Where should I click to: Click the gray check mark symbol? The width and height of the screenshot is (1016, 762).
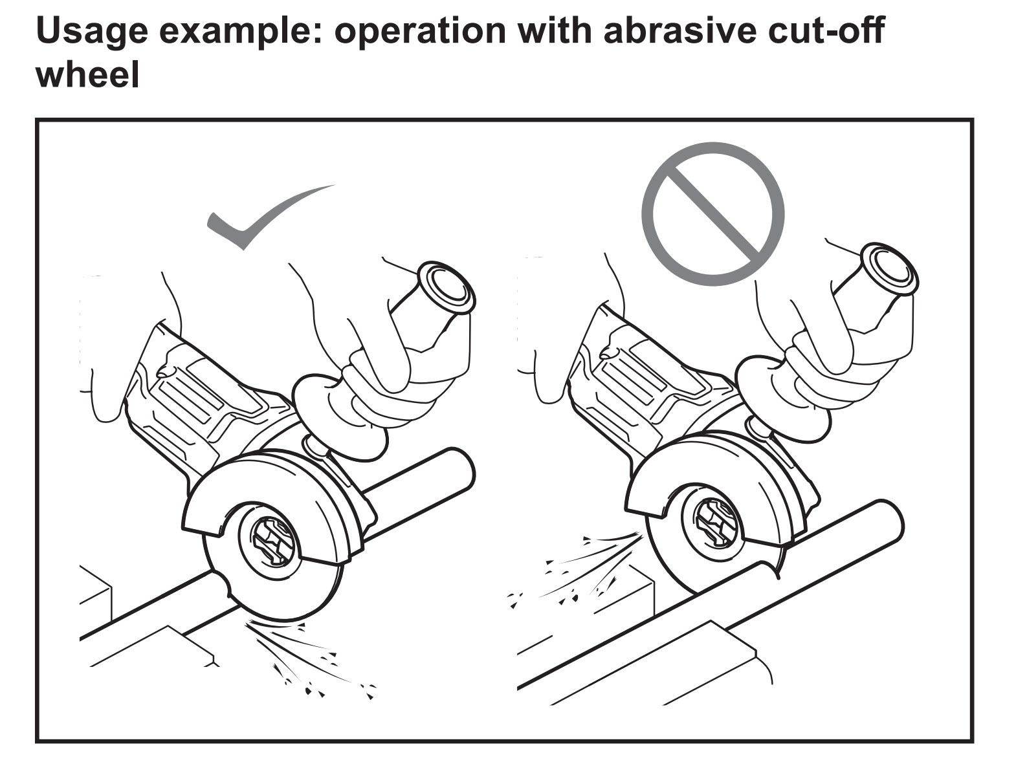coord(259,220)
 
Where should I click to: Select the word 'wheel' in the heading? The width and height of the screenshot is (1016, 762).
coord(87,74)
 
